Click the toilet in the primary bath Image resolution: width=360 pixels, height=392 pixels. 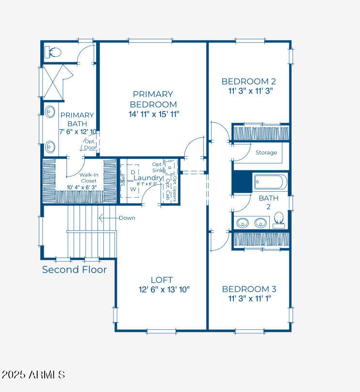coord(52,52)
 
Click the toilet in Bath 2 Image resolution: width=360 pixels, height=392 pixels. coord(278,220)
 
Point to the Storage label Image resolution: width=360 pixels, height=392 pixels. coord(266,152)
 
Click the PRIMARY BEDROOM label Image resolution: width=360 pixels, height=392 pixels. coord(153,99)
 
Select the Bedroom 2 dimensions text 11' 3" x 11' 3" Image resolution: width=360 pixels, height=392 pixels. coord(251,91)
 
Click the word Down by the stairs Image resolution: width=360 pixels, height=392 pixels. coord(127,218)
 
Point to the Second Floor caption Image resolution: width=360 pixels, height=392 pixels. coord(74,270)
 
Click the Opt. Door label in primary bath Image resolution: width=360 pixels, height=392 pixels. coord(90,144)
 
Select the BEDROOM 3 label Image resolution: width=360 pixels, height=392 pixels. coord(249,289)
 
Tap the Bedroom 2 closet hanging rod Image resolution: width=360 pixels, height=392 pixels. coord(261,132)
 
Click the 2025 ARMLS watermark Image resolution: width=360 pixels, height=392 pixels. coord(33,375)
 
